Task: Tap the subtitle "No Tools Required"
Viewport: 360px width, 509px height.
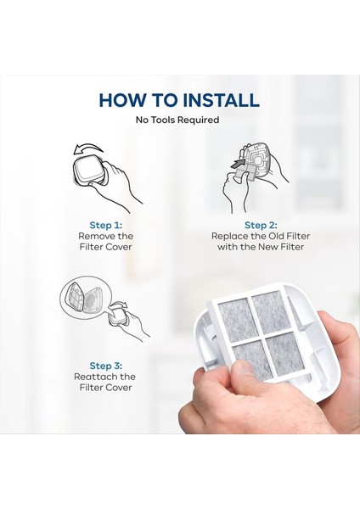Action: point(177,120)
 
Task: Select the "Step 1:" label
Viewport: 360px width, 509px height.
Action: point(106,226)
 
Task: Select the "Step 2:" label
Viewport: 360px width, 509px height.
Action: point(261,226)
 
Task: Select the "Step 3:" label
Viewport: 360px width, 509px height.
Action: point(106,366)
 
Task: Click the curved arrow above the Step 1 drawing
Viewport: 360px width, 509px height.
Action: point(87,149)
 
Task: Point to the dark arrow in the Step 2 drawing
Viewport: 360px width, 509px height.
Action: point(238,163)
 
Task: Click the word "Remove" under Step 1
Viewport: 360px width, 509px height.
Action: point(94,236)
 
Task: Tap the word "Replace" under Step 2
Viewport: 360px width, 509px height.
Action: point(228,236)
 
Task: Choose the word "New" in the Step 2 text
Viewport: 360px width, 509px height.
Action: point(268,247)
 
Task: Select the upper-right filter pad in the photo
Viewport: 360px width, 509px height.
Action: point(270,311)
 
